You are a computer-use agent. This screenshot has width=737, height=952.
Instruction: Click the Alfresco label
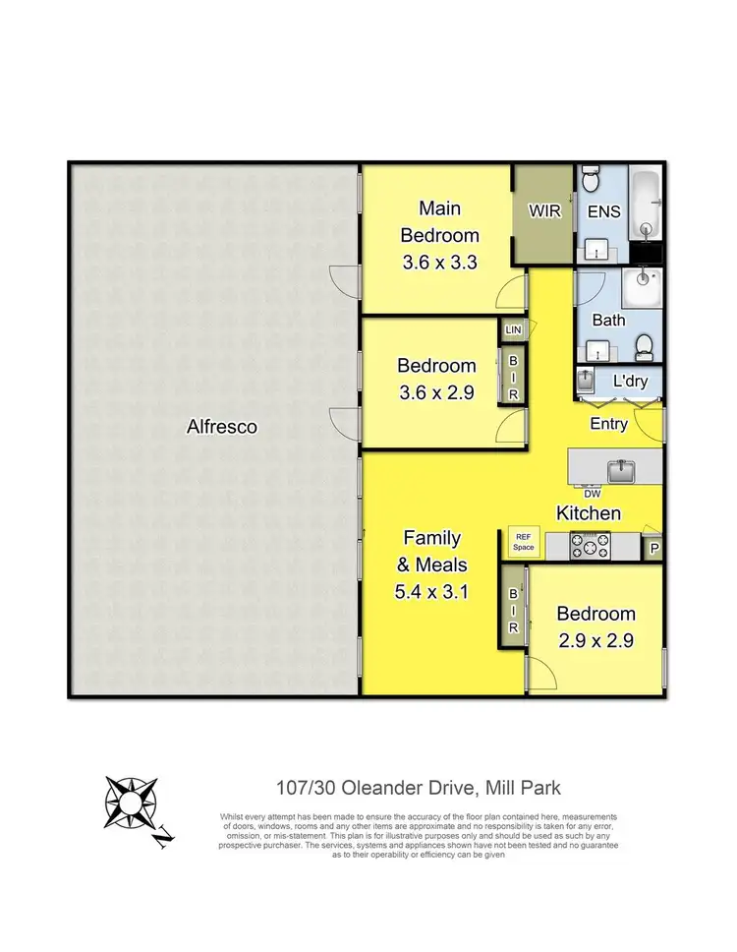point(222,427)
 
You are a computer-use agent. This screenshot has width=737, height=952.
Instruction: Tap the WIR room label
point(543,211)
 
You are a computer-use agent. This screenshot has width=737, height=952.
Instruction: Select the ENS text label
point(601,211)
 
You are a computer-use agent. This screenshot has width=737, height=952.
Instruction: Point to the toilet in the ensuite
point(590,181)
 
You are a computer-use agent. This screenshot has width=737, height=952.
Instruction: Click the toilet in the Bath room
point(645,345)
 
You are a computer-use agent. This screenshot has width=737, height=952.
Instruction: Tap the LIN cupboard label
point(514,330)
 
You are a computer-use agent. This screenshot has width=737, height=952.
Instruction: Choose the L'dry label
point(629,381)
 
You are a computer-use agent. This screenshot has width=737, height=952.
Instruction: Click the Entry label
point(609,425)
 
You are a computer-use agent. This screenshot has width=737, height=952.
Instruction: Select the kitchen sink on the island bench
point(621,469)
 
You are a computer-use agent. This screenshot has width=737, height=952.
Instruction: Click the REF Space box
point(523,542)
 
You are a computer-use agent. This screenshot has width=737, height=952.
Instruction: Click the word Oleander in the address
point(391,788)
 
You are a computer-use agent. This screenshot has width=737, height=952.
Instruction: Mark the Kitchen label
point(589,513)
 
